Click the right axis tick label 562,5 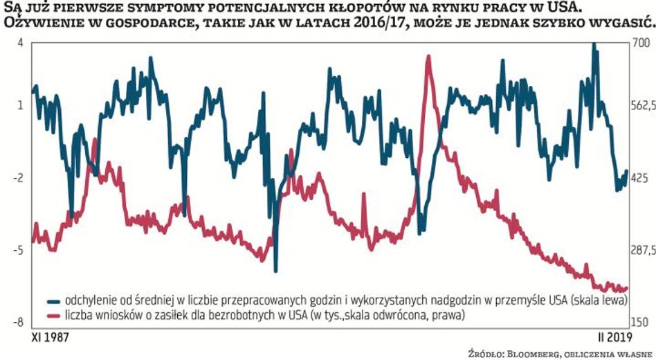pyautogui.click(x=643, y=105)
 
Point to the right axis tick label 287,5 pyautogui.click(x=643, y=250)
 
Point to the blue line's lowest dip pyautogui.click(x=275, y=270)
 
